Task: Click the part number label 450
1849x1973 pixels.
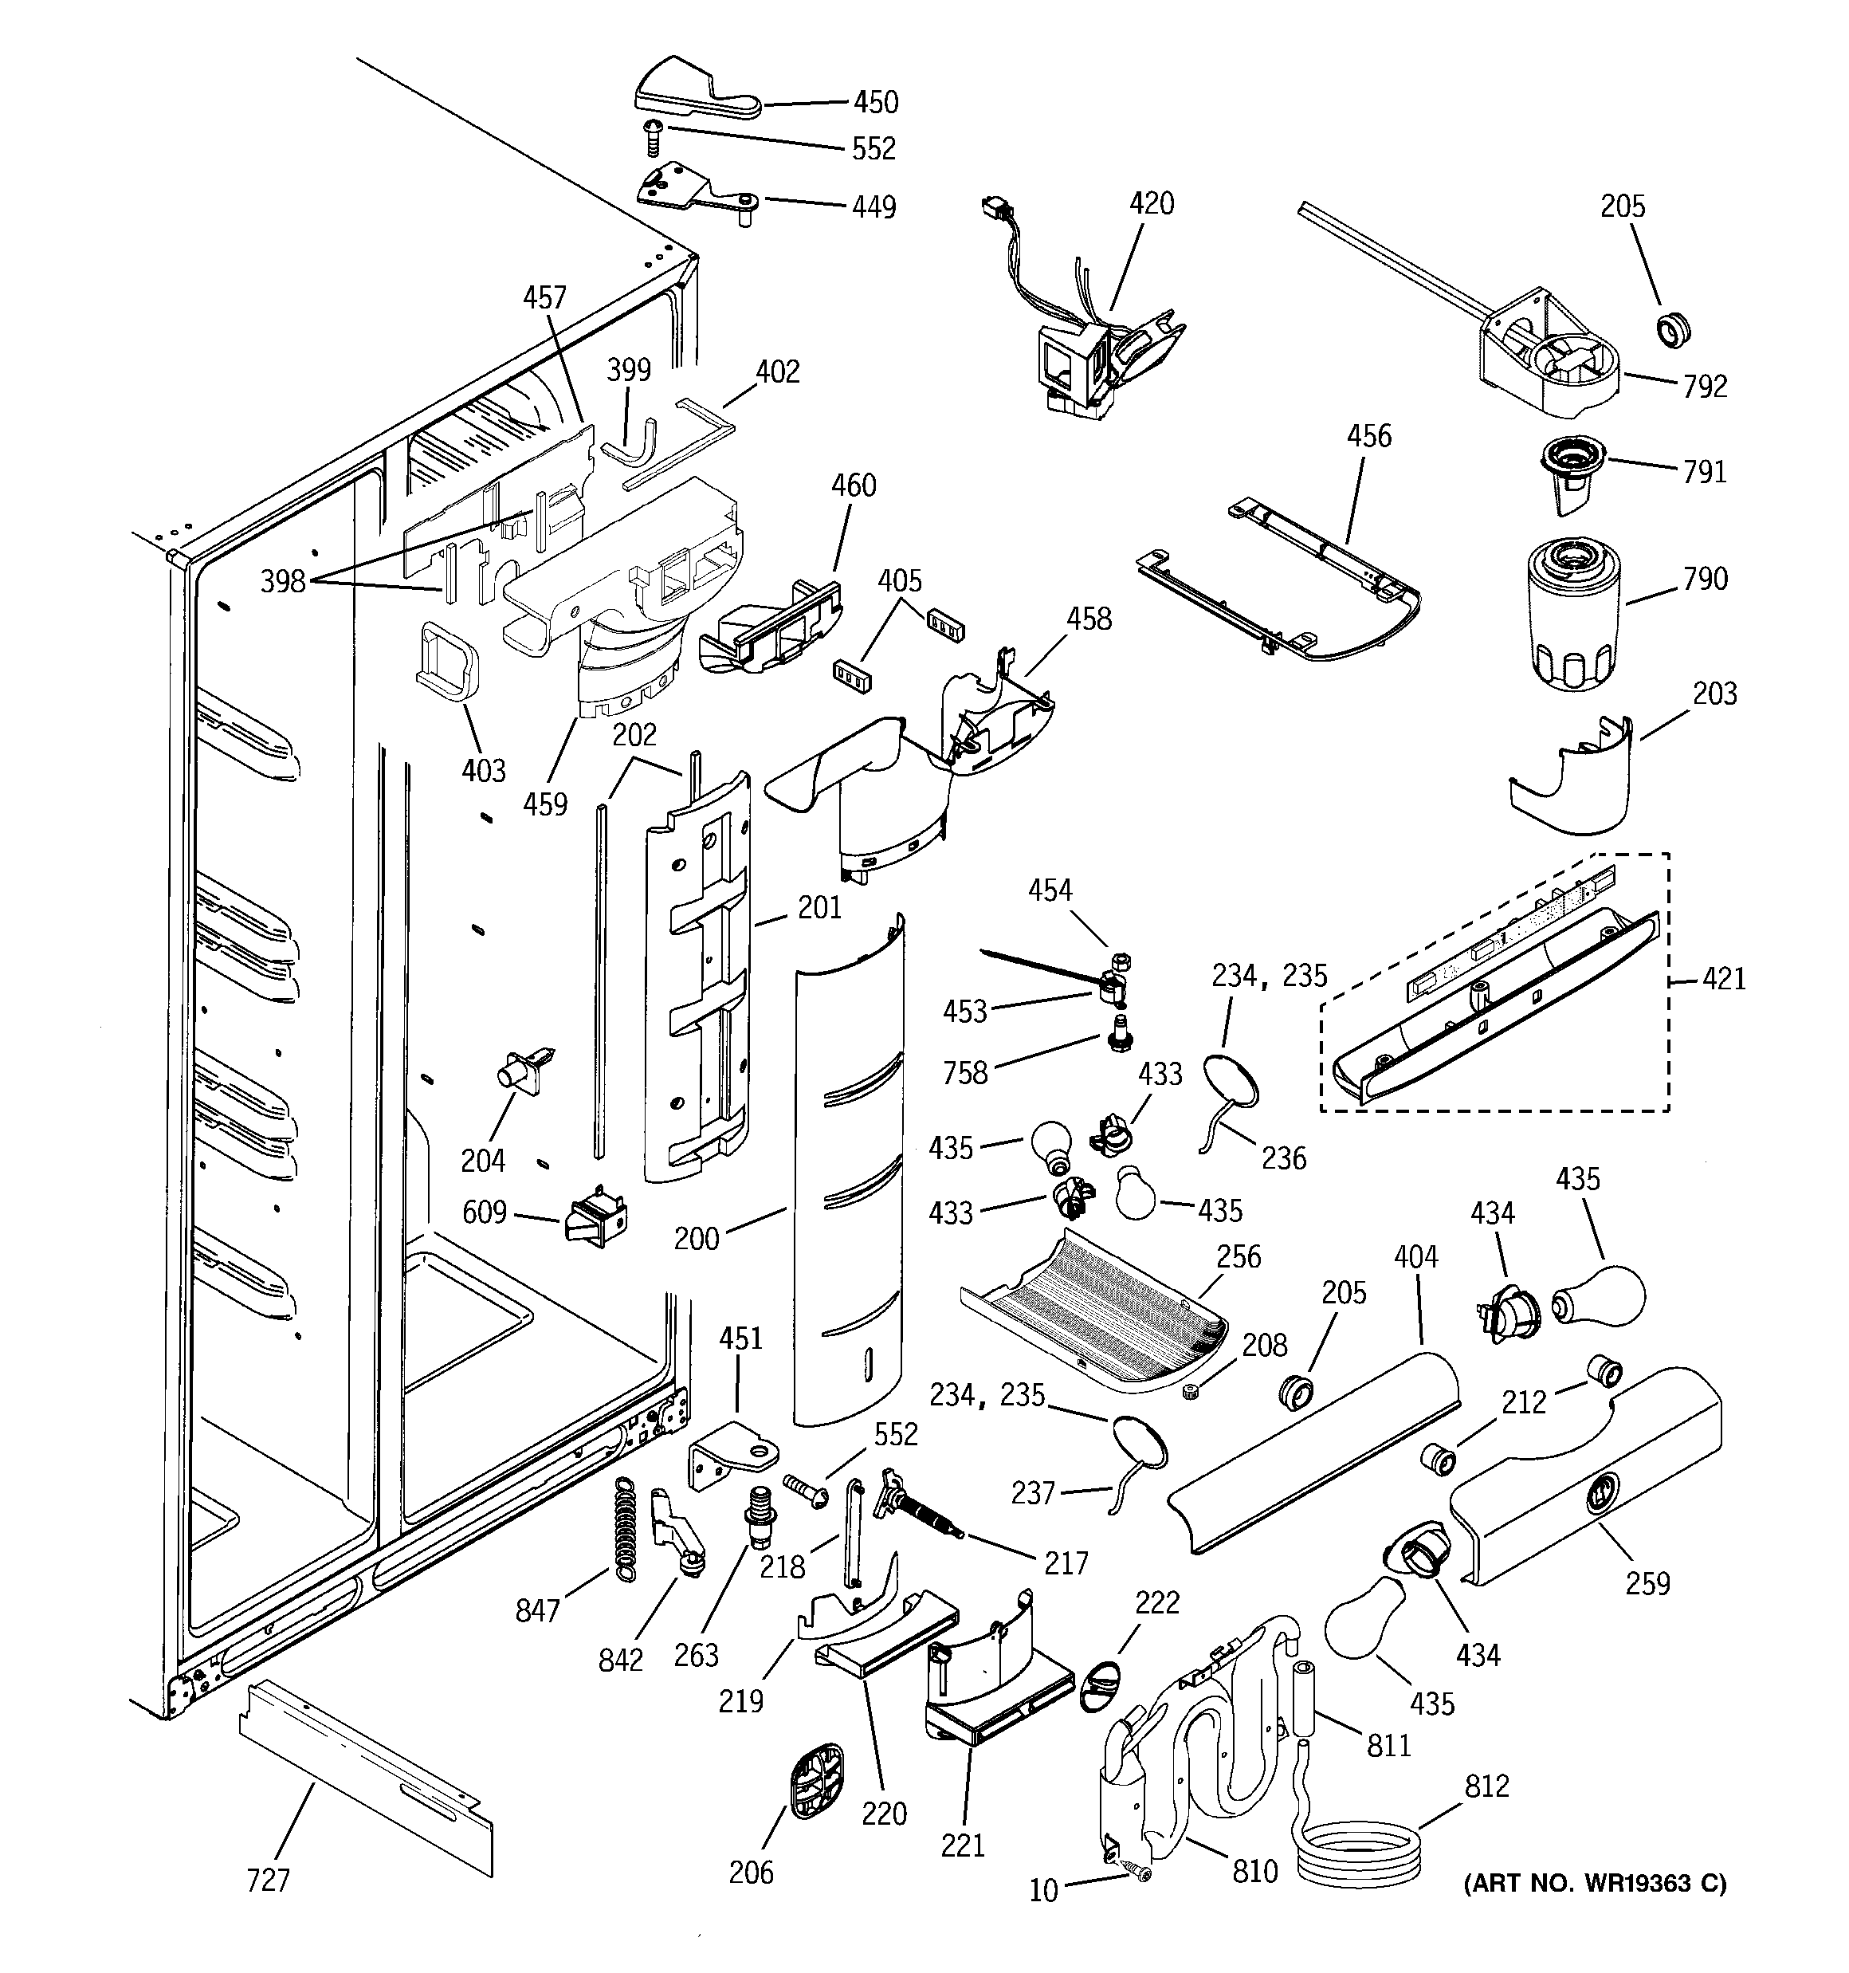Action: (875, 102)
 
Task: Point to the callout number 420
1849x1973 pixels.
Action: (1152, 204)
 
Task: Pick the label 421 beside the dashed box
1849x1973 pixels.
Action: (1723, 980)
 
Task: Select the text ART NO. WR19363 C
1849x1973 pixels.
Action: (1595, 1883)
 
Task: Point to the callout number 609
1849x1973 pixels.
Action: (485, 1212)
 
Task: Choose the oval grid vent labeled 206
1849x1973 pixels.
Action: (814, 1782)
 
